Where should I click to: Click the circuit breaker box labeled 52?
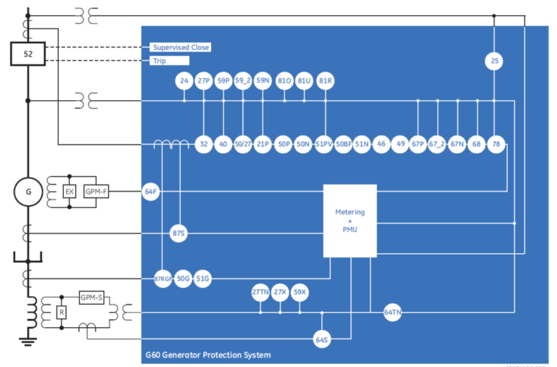tap(28, 54)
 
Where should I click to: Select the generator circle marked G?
tap(28, 192)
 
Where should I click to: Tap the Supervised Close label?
tap(181, 47)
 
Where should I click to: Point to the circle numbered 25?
tap(495, 62)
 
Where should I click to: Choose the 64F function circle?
tap(151, 192)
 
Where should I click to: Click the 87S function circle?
tap(179, 234)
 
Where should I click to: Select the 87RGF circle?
tap(163, 278)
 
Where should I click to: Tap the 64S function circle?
tap(322, 339)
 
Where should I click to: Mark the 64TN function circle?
tap(392, 313)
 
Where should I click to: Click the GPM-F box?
tap(96, 192)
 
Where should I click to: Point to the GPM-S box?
tap(92, 298)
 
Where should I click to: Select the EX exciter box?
tap(70, 192)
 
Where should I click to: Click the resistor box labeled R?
tap(62, 313)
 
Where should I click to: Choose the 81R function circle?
tap(325, 81)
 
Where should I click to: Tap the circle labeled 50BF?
tap(343, 144)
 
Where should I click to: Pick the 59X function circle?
tap(300, 293)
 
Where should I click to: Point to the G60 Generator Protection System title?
tap(208, 355)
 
